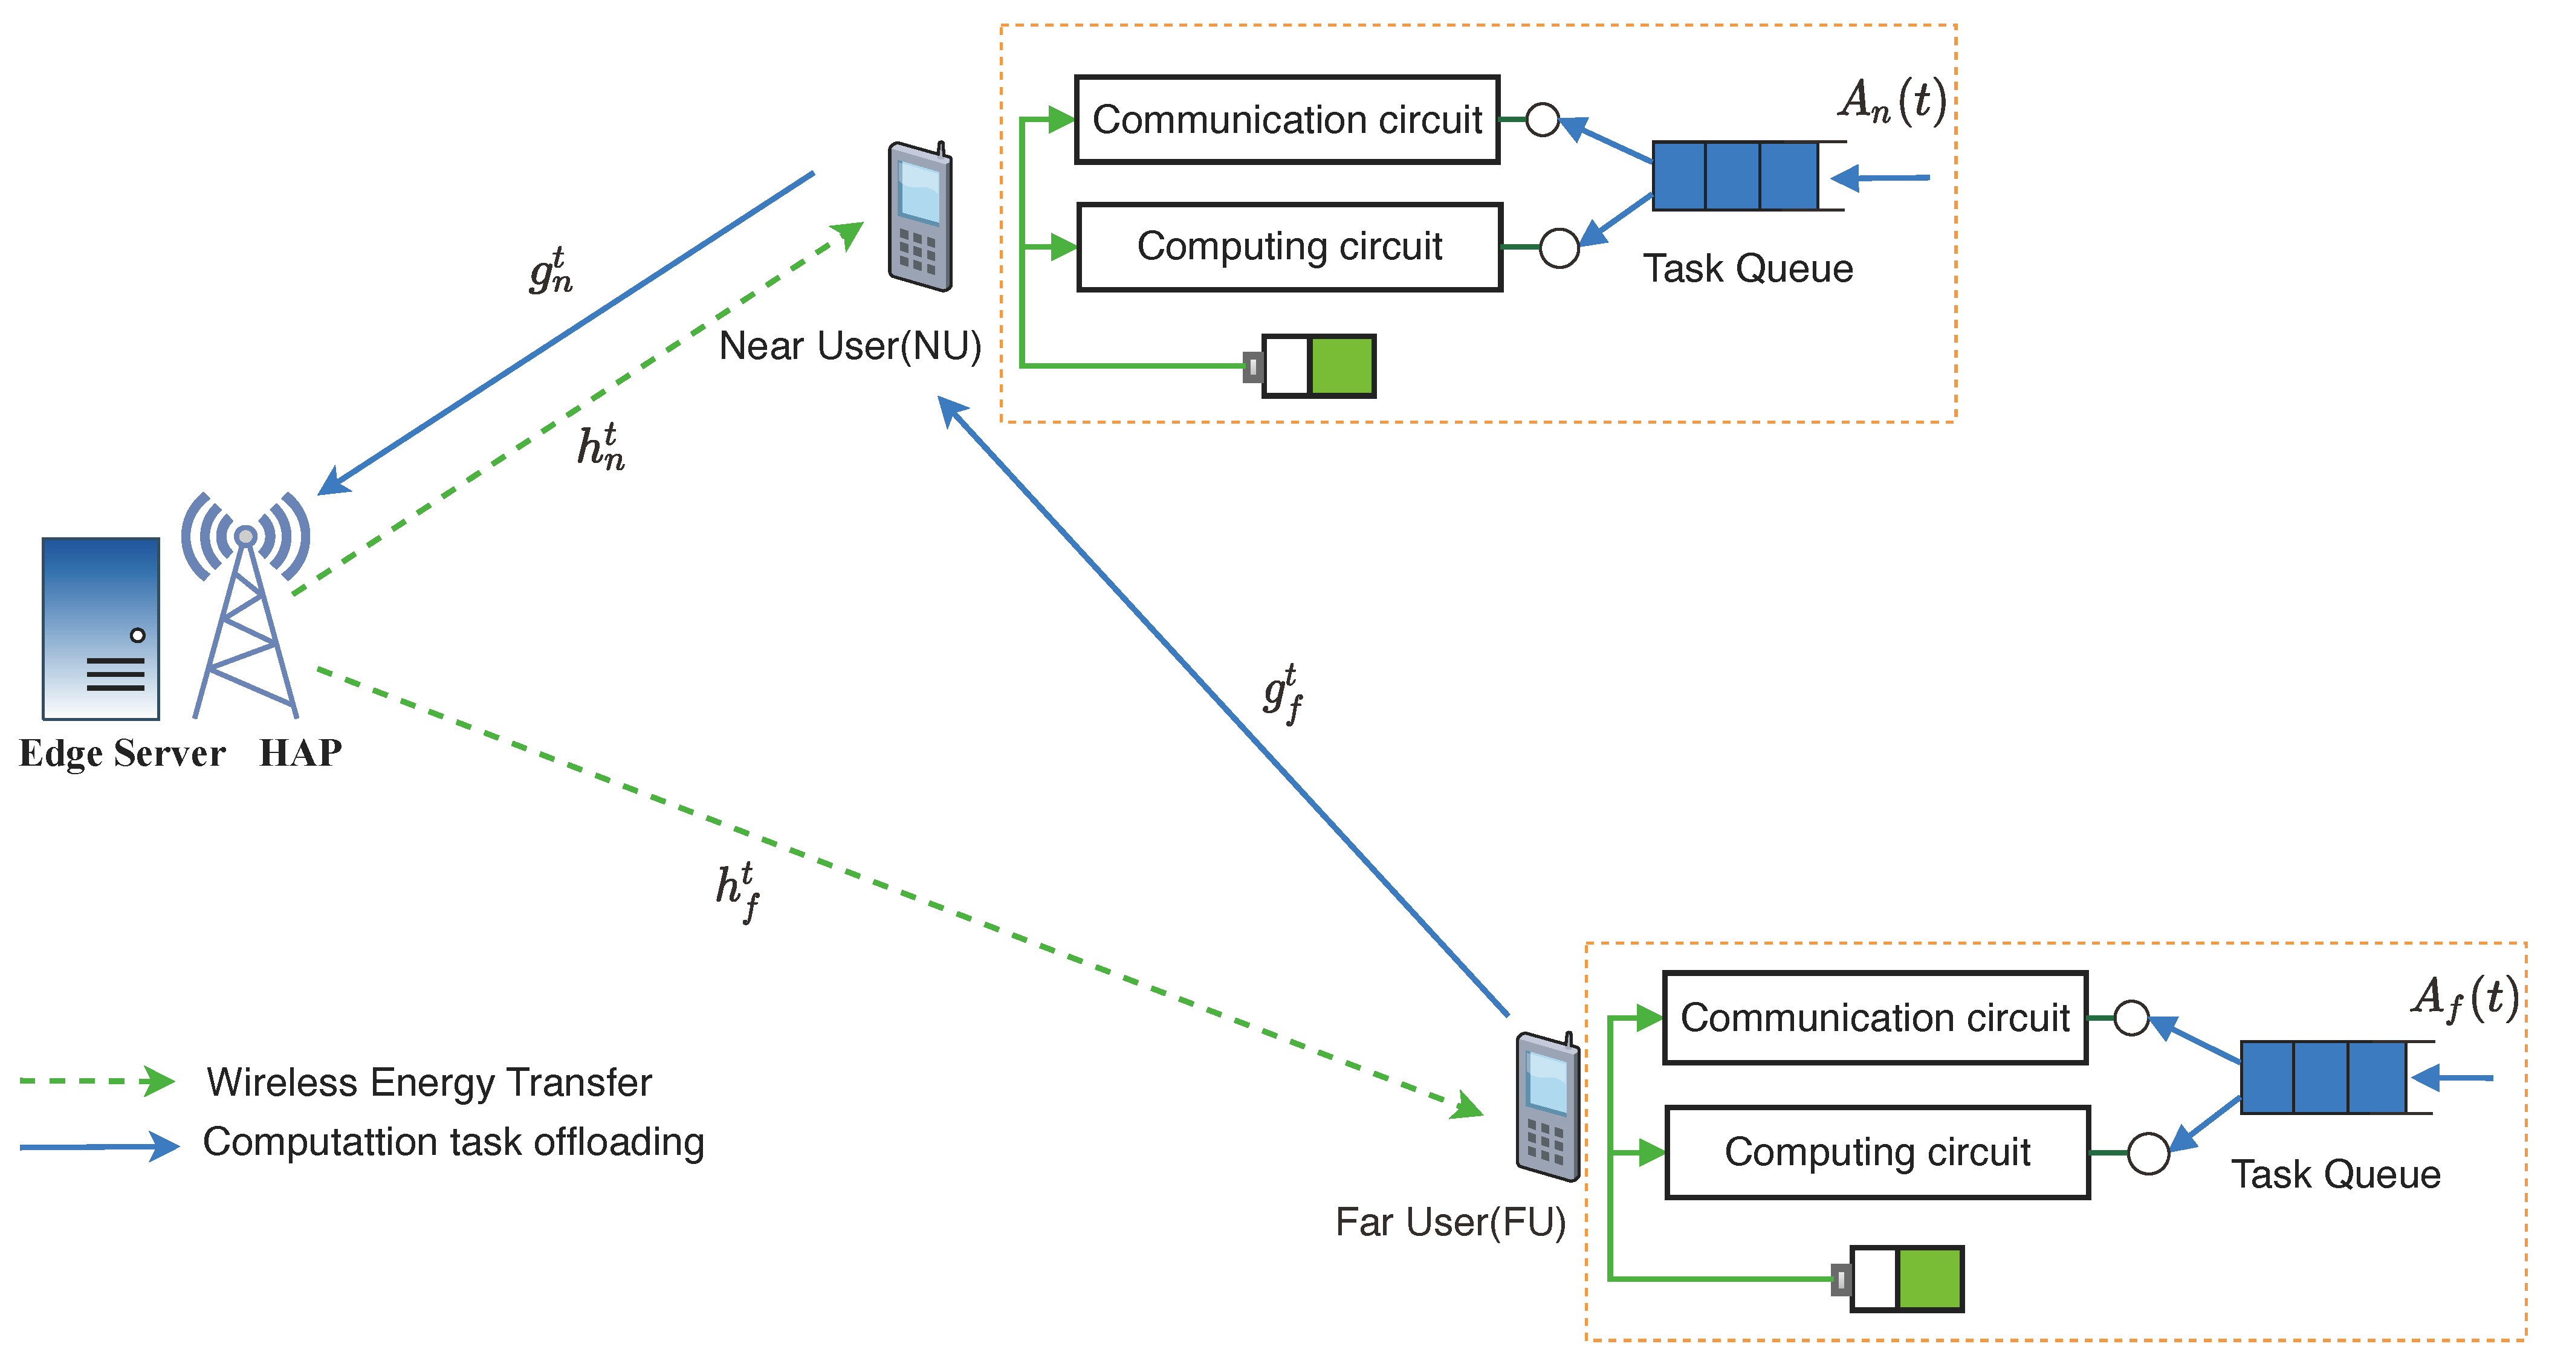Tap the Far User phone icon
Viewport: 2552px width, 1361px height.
point(1547,1107)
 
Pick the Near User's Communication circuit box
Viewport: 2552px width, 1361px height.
point(1287,120)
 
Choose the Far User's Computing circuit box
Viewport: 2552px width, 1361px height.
point(1877,1152)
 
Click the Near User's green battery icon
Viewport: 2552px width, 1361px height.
point(1318,366)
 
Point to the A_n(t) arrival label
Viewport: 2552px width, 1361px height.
point(1892,101)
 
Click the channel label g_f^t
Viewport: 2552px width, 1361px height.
point(1283,693)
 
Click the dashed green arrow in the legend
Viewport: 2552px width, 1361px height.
point(97,1081)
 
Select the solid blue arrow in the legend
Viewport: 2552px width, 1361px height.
point(99,1146)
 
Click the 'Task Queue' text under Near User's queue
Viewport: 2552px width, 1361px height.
point(1747,268)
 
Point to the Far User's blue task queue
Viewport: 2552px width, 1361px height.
point(2323,1077)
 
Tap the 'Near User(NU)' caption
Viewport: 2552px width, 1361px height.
point(850,346)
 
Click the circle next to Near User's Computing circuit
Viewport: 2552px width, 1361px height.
point(1559,248)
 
